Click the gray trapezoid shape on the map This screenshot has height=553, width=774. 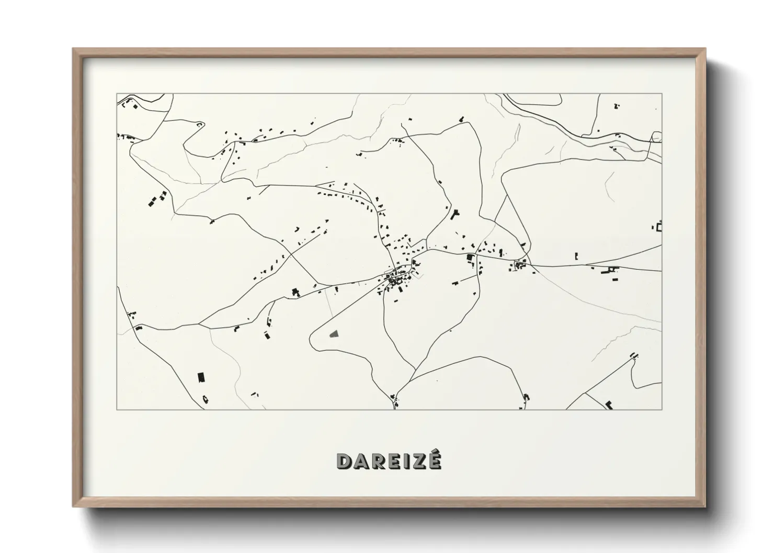coord(334,333)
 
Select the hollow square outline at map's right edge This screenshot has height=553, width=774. coord(659,227)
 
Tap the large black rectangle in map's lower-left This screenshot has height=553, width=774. coord(200,377)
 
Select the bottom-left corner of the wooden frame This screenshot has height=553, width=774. coord(74,506)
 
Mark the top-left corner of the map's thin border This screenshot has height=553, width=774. coord(117,94)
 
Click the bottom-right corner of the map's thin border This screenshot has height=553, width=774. coord(662,409)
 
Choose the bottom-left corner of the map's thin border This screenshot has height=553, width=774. coord(117,409)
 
